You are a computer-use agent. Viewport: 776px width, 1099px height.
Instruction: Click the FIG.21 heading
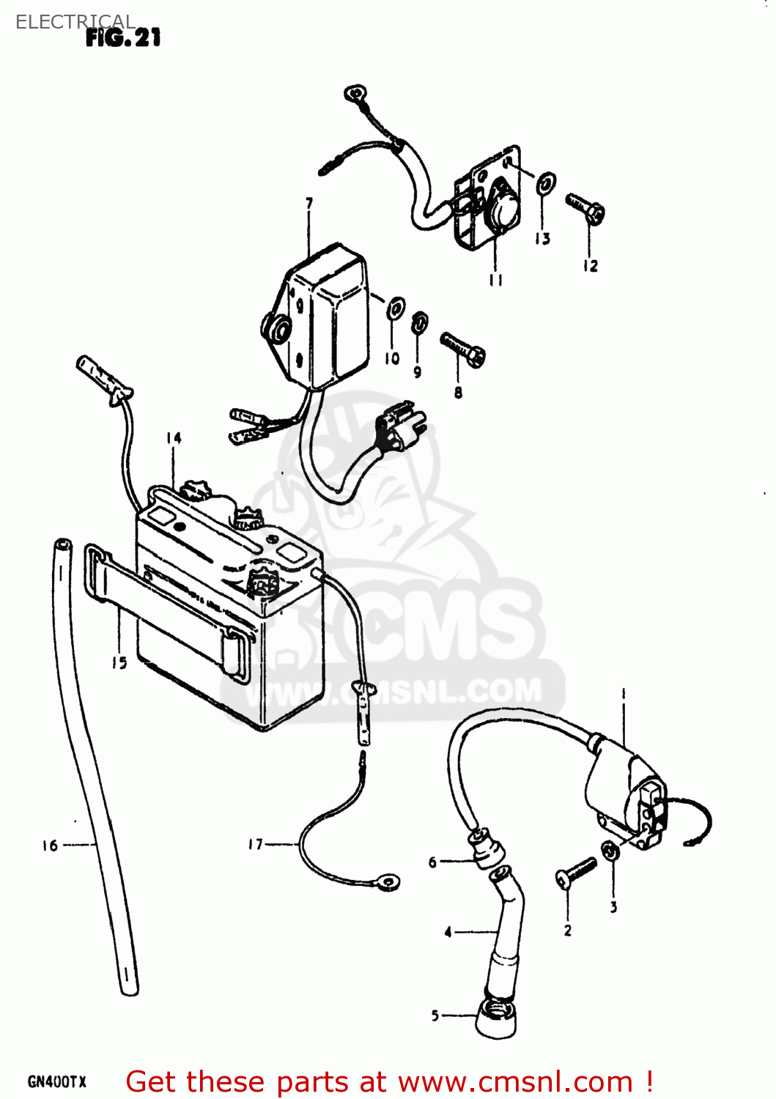click(123, 37)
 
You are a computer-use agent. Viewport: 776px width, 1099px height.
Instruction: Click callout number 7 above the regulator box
click(309, 203)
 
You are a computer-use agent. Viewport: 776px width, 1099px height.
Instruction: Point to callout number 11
click(496, 280)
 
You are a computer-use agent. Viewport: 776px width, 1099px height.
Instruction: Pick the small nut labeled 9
click(419, 322)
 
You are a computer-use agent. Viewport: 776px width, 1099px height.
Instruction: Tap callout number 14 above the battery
click(174, 438)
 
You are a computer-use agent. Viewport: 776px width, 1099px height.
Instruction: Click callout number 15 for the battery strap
click(119, 662)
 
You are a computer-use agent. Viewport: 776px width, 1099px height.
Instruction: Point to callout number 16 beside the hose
click(50, 845)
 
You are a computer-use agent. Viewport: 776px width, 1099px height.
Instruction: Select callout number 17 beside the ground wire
click(255, 845)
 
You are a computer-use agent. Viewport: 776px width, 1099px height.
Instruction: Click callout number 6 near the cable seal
click(433, 862)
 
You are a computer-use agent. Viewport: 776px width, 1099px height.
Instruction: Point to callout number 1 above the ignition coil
click(624, 692)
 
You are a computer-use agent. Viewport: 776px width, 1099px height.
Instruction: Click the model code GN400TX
click(56, 1081)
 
